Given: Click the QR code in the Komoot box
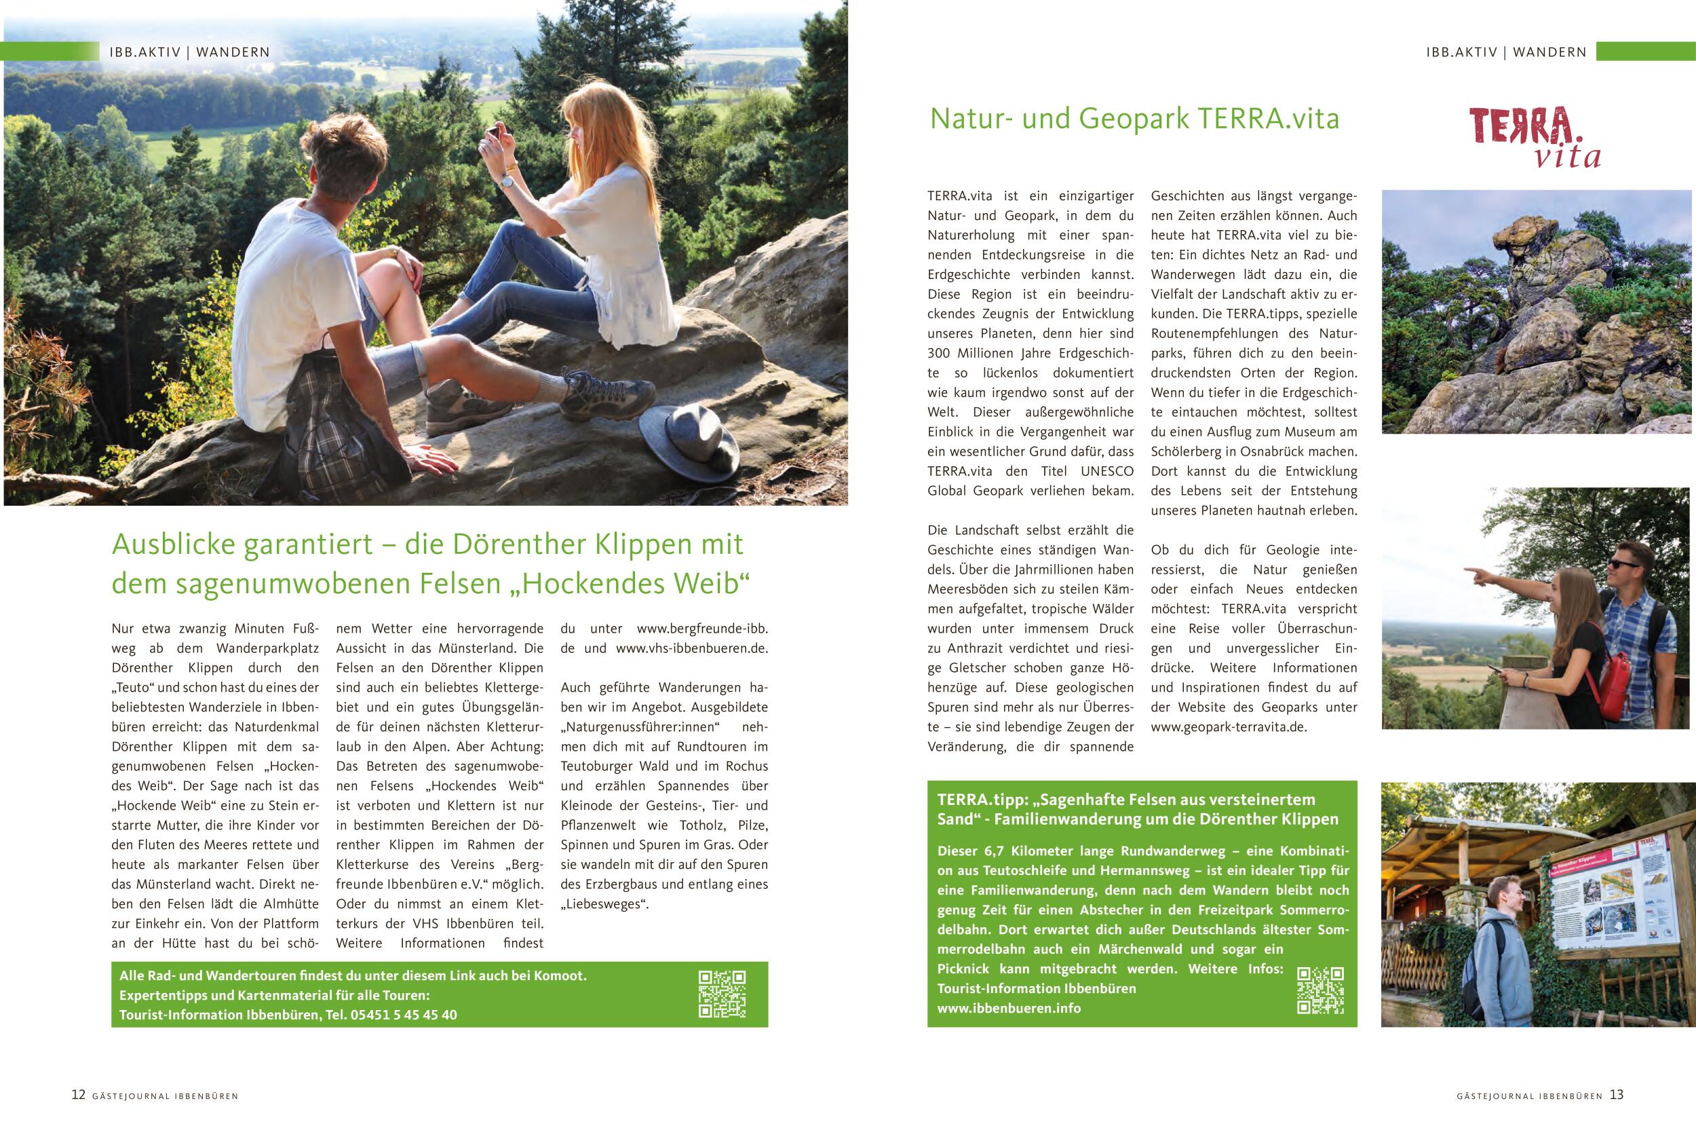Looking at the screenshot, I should (x=722, y=994).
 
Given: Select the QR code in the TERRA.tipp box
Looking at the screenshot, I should (x=1320, y=990).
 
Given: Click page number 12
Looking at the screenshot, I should (x=79, y=1095).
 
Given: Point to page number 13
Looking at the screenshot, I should (x=1616, y=1095).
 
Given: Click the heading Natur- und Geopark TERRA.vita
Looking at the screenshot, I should (x=1134, y=118).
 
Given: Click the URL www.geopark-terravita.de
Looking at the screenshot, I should (x=1229, y=726).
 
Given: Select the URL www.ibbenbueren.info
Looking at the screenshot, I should (x=1009, y=1008).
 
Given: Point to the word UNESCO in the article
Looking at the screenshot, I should (x=1106, y=470).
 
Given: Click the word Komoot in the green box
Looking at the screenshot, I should (x=559, y=975).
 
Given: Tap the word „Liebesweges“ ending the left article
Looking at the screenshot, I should (x=604, y=904).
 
